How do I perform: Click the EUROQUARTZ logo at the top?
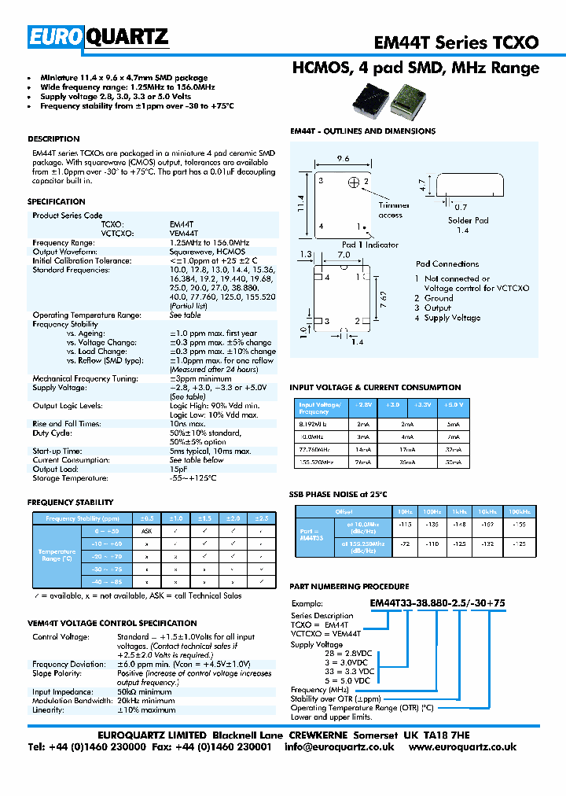99,36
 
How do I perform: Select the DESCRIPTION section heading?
53,139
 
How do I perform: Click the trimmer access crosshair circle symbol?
354,183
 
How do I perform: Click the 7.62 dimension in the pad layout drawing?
381,300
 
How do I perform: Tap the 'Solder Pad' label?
469,221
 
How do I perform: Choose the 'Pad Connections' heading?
447,264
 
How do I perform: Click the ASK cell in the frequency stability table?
146,532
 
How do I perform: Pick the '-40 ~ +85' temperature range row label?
105,581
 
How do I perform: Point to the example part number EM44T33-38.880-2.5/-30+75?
438,603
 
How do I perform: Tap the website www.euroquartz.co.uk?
462,747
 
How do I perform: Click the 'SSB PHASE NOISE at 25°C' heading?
339,494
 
